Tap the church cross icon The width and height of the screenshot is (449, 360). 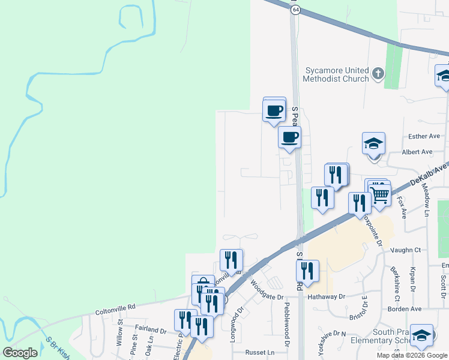click(378, 74)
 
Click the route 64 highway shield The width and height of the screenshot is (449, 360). click(296, 11)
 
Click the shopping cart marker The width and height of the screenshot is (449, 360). click(380, 196)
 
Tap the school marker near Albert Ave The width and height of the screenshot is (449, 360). click(373, 145)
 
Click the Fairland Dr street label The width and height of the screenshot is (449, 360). click(151, 330)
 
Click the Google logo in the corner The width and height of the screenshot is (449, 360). click(20, 353)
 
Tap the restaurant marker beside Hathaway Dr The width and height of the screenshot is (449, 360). click(307, 272)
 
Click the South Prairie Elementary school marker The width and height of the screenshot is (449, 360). click(422, 338)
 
